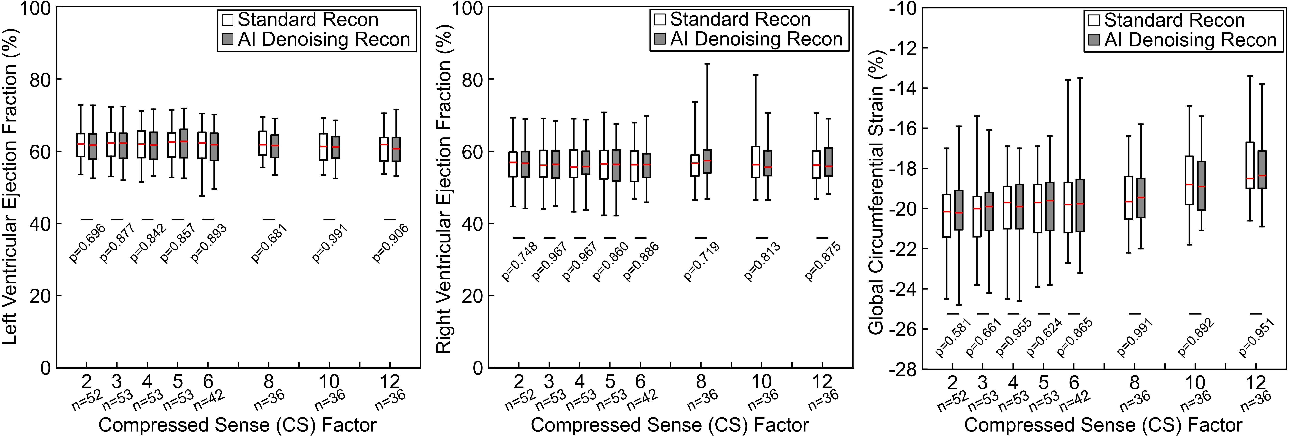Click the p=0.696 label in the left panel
87,243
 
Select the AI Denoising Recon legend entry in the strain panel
1190,40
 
